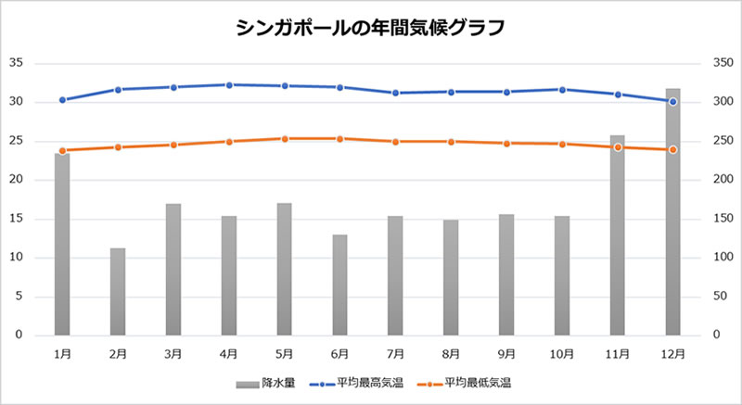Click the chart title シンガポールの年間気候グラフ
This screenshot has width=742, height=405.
tap(370, 28)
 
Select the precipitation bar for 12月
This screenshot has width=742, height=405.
tap(673, 213)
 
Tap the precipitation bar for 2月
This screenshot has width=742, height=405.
tap(118, 291)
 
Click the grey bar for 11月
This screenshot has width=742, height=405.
tap(618, 236)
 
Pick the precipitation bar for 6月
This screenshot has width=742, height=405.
tap(339, 285)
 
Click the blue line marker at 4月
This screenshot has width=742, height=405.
tap(229, 85)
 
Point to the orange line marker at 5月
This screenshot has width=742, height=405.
tap(285, 138)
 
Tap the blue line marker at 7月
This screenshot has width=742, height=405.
tap(395, 93)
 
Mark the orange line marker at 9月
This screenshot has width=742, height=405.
tap(506, 144)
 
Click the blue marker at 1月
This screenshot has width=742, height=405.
tap(62, 99)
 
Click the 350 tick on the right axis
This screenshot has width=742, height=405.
tap(721, 63)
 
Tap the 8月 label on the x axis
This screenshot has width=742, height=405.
tap(451, 353)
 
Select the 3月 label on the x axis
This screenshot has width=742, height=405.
tap(173, 353)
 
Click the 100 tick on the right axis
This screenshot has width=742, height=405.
tap(721, 258)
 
